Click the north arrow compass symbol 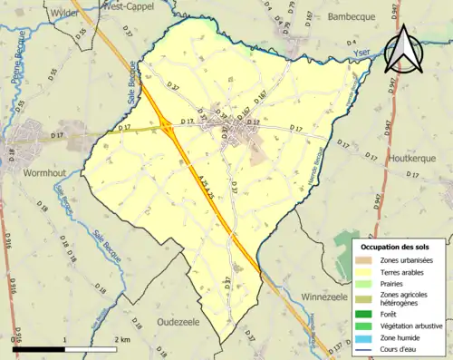coord(404,50)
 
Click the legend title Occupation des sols coord(395,247)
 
